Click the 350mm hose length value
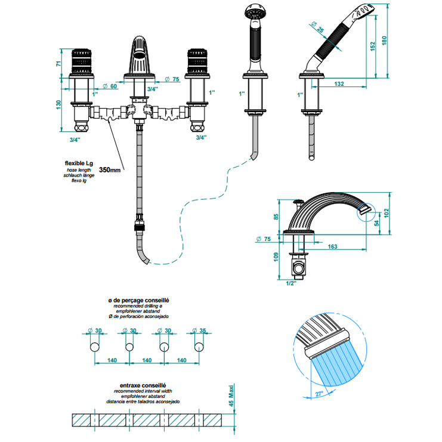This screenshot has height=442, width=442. tap(110, 170)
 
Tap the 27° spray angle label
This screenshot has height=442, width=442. tap(319, 394)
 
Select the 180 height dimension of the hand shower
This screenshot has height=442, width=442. tap(384, 41)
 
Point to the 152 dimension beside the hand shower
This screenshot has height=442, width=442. tap(373, 47)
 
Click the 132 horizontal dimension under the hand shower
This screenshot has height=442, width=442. tap(339, 84)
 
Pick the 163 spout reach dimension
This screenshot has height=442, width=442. tap(332, 247)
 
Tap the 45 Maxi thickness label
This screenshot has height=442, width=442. tap(231, 395)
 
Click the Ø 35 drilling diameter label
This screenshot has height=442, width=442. tap(199, 330)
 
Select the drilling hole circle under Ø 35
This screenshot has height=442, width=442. tap(199, 347)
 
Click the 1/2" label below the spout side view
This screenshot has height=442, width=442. tap(291, 283)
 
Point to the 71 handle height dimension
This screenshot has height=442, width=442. tap(58, 64)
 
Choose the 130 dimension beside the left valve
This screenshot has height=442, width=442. tap(58, 104)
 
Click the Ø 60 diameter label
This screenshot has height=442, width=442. tap(110, 86)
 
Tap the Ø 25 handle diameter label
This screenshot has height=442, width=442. tap(317, 27)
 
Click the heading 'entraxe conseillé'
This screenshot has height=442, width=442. tap(143, 385)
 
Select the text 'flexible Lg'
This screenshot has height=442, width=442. tap(79, 163)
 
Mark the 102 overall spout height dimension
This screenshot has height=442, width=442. tap(386, 213)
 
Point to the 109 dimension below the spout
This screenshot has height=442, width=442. tap(276, 257)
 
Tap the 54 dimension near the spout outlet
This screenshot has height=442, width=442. tap(376, 223)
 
